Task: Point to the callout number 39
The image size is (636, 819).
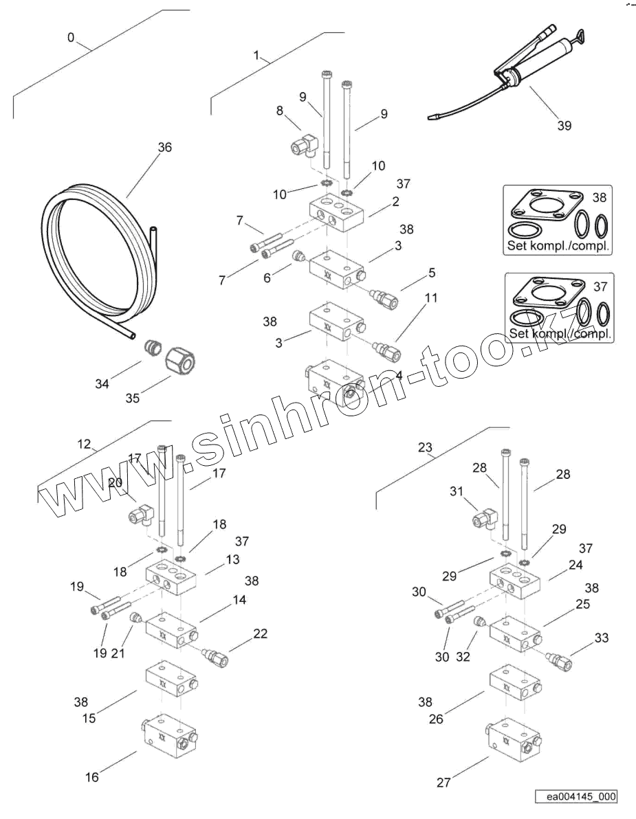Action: [x=564, y=125]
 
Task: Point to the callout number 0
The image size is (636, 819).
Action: [x=72, y=38]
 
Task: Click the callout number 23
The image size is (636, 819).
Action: [x=426, y=449]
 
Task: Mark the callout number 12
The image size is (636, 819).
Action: [x=84, y=445]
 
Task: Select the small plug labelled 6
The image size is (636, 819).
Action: [x=299, y=257]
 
